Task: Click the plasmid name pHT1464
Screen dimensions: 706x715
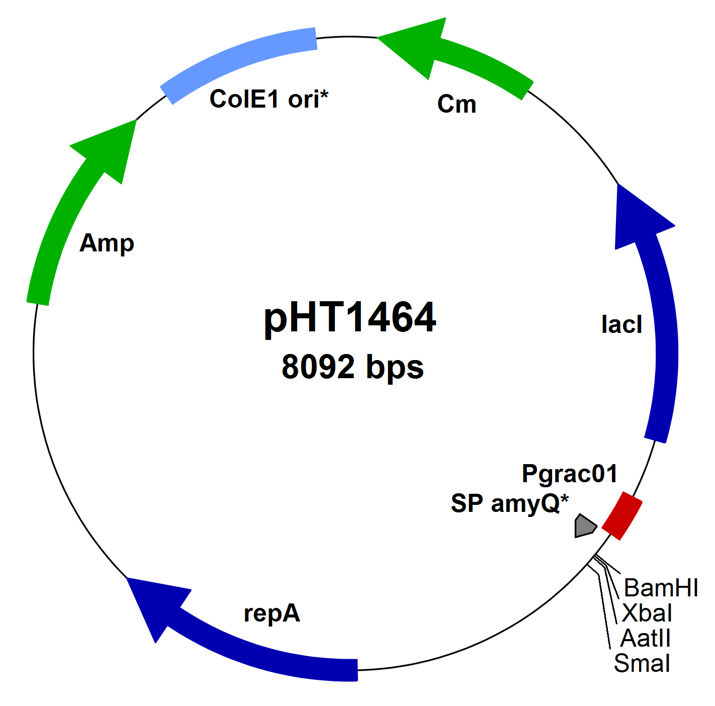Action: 350,318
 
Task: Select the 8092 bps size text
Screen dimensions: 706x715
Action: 352,367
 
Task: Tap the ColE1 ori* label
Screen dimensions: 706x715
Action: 269,99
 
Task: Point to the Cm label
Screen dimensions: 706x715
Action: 457,105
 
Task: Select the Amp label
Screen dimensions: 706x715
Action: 107,244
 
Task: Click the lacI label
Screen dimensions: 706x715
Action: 621,325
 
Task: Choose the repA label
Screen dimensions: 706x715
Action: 272,613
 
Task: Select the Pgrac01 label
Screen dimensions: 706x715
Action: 569,474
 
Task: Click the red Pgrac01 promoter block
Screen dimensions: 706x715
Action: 622,516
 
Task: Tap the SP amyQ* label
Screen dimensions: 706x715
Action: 509,503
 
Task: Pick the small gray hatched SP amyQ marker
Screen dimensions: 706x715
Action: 585,526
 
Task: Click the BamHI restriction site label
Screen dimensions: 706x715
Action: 661,588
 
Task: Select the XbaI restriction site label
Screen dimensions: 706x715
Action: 647,613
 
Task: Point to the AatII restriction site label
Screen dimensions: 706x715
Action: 645,639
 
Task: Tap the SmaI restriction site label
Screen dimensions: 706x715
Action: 642,664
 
